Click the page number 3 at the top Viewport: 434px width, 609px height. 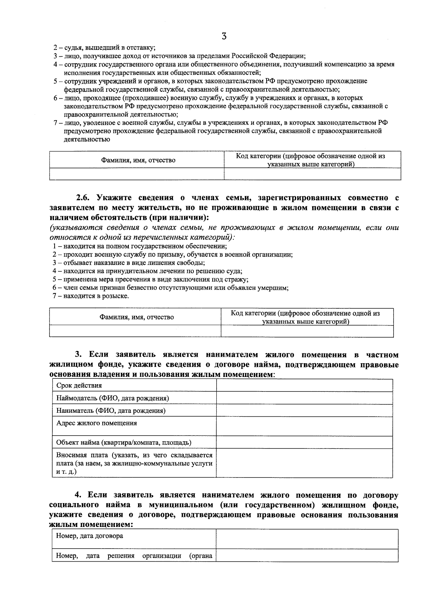[224, 36]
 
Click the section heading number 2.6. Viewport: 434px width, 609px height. [85, 198]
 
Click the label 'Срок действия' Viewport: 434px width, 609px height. [79, 385]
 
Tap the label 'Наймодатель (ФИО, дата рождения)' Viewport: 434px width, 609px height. [112, 398]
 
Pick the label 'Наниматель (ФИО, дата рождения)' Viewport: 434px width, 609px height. [111, 411]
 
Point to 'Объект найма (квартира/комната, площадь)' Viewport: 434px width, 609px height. [124, 442]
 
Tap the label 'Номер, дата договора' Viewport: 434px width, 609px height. [89, 536]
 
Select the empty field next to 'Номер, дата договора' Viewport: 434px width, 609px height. [307, 539]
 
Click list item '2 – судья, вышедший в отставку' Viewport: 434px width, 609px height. [105, 48]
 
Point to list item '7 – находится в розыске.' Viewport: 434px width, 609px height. [90, 296]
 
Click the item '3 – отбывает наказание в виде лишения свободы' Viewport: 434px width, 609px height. [131, 263]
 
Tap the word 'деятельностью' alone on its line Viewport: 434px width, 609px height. [87, 139]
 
